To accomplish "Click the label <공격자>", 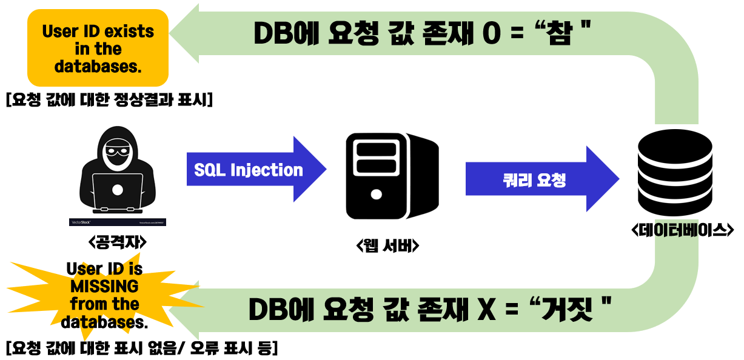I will (118, 242).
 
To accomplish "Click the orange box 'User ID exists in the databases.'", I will (98, 48).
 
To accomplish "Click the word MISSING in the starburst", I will (104, 285).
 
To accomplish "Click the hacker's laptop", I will (118, 193).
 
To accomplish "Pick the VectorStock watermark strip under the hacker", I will (118, 222).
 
